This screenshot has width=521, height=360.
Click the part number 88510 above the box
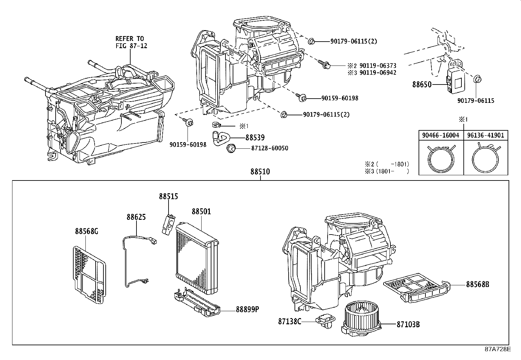pos(260,172)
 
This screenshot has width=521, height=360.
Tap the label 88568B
pos(477,285)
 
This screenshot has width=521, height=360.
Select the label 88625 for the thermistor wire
pos(136,217)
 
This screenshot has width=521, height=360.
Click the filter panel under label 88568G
pos(89,273)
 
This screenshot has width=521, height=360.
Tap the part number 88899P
pos(247,309)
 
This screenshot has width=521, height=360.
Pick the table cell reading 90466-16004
pos(441,135)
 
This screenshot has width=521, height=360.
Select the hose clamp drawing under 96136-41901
pos(486,159)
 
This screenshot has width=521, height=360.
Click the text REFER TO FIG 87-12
pos(131,42)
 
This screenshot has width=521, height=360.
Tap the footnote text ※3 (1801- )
pos(386,171)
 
